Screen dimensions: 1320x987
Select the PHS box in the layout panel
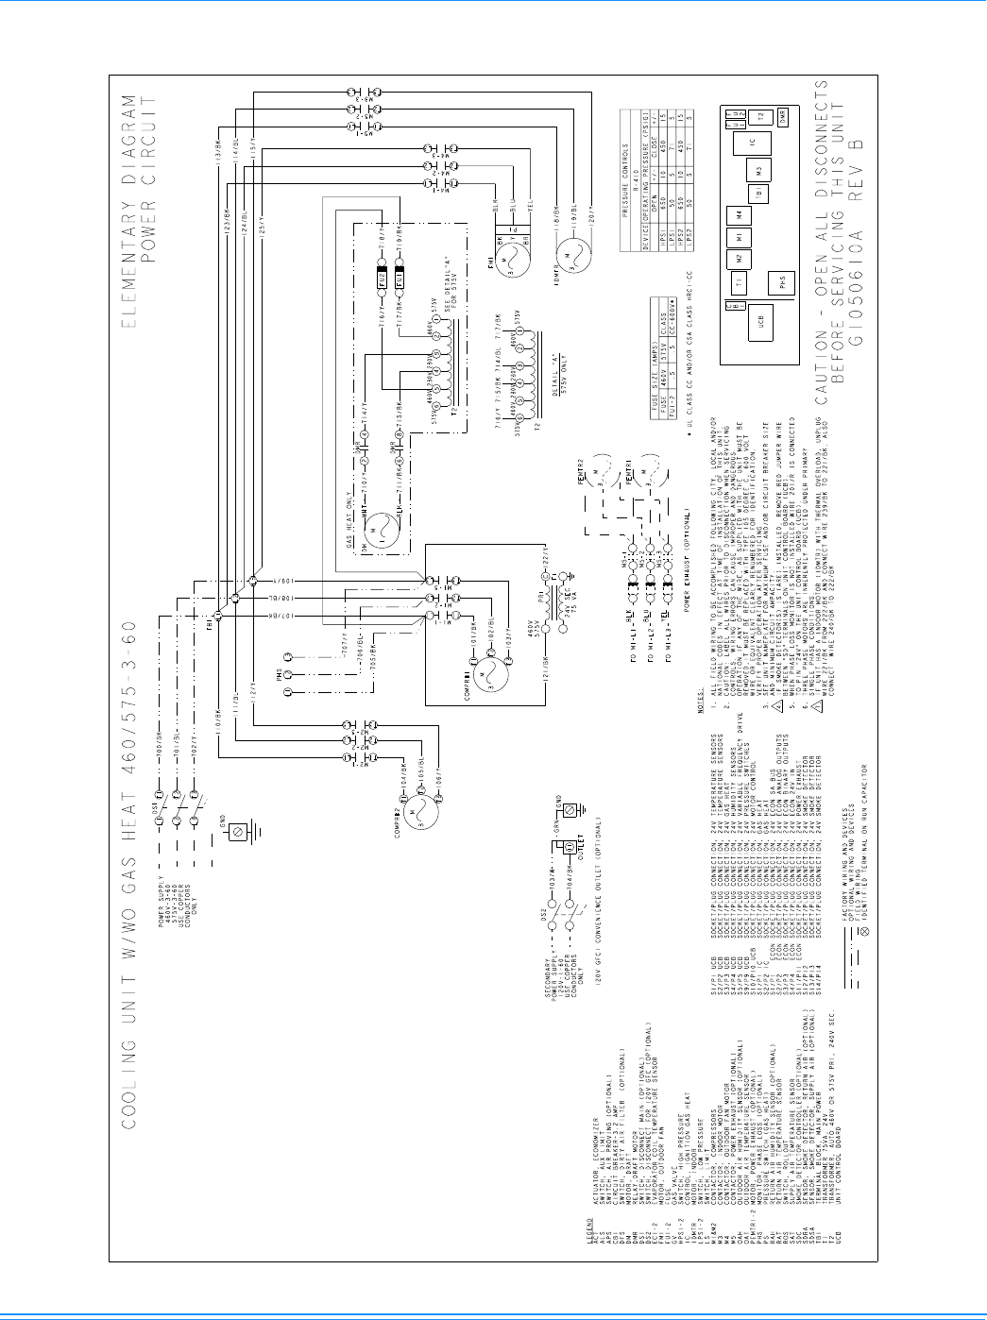tap(781, 282)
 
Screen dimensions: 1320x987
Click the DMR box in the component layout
tap(782, 115)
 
